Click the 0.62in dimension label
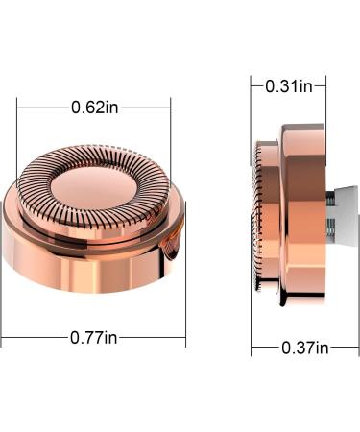(95, 108)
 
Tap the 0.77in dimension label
(94, 338)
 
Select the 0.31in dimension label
(289, 86)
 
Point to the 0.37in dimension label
(305, 348)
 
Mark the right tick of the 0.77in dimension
(185, 275)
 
